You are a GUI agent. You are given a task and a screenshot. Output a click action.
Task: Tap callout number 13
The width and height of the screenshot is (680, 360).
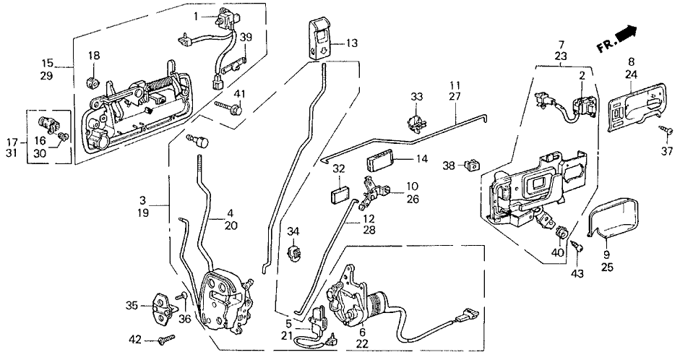tap(351, 43)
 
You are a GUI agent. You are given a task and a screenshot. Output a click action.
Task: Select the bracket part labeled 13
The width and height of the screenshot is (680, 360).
tap(317, 36)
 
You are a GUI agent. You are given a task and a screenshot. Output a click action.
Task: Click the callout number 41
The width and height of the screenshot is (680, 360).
tap(240, 94)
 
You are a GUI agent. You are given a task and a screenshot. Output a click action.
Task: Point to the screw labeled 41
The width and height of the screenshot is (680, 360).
tap(229, 108)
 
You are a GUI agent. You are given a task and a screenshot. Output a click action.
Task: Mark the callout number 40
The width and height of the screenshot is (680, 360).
tap(557, 252)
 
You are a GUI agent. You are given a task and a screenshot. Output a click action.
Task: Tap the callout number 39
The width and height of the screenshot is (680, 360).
tap(246, 38)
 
